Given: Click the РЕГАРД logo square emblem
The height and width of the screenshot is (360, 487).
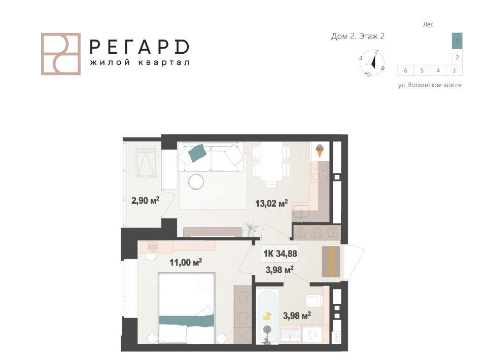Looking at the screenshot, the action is (x=61, y=54).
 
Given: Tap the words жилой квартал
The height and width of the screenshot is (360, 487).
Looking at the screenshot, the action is (x=140, y=62).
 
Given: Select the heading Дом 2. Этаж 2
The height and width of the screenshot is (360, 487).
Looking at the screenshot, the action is (x=358, y=37).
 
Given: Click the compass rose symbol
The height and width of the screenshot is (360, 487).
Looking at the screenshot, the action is (x=372, y=63).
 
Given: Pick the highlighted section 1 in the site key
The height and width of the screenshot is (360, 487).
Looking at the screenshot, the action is (x=457, y=41).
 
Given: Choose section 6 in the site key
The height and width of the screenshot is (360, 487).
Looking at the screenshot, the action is (x=406, y=70).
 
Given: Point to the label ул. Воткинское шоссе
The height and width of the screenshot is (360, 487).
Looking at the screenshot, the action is (x=430, y=85).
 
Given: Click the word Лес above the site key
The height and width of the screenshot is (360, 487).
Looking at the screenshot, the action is (x=428, y=24).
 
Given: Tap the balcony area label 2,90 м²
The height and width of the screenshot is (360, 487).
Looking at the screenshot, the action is (x=146, y=200).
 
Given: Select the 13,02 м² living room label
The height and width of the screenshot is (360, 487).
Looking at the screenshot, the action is (x=271, y=204).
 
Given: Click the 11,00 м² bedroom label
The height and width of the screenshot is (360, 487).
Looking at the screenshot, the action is (x=186, y=263).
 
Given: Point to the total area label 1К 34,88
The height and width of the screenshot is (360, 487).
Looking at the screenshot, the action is (x=280, y=254).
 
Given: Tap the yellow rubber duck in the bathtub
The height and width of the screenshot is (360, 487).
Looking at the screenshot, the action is (x=267, y=316).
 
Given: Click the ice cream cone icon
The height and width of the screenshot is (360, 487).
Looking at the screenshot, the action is (x=319, y=151).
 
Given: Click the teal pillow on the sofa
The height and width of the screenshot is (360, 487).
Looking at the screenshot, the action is (x=197, y=153).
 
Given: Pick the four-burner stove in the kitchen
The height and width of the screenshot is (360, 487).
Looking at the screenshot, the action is (x=320, y=172).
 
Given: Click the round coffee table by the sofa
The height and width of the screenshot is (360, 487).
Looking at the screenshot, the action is (x=196, y=181).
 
